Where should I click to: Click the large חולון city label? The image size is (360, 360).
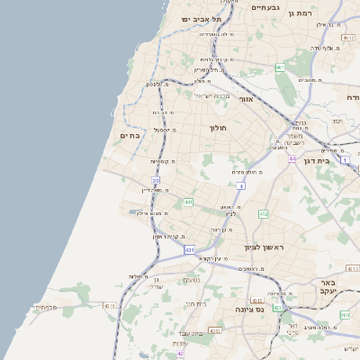click(x=220, y=128)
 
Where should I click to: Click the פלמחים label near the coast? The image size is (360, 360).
click(x=46, y=307)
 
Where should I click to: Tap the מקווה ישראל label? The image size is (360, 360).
click(x=214, y=96)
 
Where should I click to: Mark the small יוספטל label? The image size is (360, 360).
click(x=164, y=129)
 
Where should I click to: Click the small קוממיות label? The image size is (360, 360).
click(x=161, y=161)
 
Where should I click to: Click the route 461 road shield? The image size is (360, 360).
click(x=280, y=67)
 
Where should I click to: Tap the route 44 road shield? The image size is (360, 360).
click(x=292, y=158)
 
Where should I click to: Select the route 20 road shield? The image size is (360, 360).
click(x=156, y=181)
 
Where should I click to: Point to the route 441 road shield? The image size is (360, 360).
click(x=188, y=202)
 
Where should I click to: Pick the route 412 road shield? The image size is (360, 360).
click(x=263, y=214)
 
